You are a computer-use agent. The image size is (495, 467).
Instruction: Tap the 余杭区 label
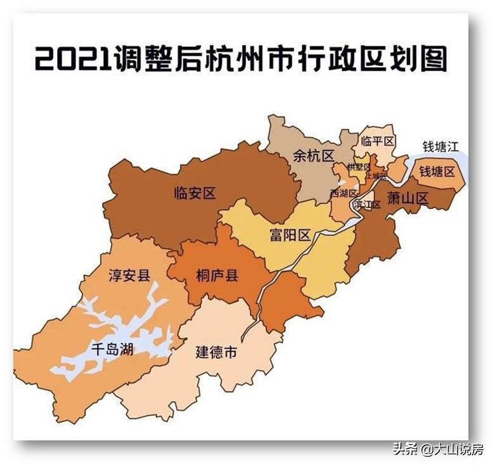[x=313, y=156]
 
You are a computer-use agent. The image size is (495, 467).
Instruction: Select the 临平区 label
[x=377, y=141]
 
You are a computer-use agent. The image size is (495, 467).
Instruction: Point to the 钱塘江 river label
[x=440, y=147]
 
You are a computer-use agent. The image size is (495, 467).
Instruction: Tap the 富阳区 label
[x=290, y=236]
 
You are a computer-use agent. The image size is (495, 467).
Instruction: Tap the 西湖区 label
[x=343, y=193]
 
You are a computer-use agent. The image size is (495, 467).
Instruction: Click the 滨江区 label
[x=367, y=204]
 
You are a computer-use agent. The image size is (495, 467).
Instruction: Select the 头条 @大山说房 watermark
[x=438, y=449]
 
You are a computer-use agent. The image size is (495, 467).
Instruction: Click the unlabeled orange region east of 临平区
[x=398, y=168]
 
